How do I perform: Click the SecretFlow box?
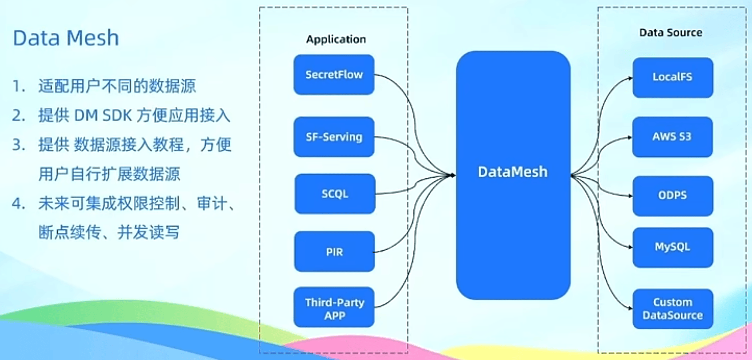tap(334, 75)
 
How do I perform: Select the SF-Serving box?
tap(334, 137)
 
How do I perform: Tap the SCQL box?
tap(335, 194)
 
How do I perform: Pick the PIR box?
tap(335, 252)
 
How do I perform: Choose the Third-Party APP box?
tap(334, 307)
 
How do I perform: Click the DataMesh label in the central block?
tap(512, 172)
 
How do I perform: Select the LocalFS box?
tap(673, 78)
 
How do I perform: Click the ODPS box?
tap(673, 196)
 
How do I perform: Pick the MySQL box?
tap(673, 248)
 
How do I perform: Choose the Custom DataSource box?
tap(673, 309)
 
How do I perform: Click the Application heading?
tap(336, 40)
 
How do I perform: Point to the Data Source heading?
tap(671, 32)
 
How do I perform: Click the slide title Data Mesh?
tap(66, 38)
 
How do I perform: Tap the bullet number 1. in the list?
tap(19, 86)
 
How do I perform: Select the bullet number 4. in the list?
tap(19, 204)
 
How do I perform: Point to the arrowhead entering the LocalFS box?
tap(630, 78)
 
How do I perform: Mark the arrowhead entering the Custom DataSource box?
tap(630, 308)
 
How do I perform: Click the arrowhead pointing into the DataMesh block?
tap(452, 175)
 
